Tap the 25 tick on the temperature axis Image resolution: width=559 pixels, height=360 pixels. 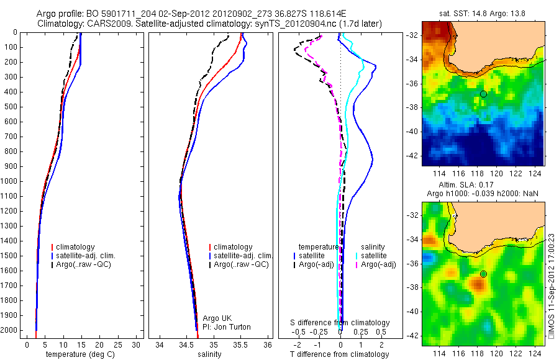click(118, 344)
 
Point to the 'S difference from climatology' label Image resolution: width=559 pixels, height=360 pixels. click(340, 323)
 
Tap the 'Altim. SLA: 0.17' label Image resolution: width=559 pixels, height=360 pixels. click(483, 186)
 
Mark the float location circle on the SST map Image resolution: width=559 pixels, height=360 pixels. click(483, 94)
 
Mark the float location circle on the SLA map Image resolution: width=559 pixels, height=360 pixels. click(483, 274)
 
